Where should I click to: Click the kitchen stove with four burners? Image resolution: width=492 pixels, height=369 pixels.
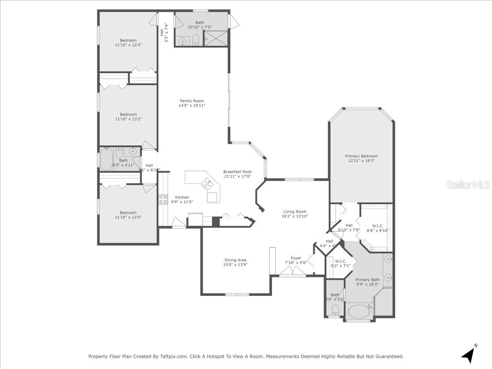tap(163, 199)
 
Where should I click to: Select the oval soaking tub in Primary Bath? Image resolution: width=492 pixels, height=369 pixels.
tap(359, 311)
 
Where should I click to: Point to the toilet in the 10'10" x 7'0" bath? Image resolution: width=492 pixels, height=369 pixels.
tap(196, 40)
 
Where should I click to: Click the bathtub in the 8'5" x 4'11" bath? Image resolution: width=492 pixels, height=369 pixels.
tap(107, 159)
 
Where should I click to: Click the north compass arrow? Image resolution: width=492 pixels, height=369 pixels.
tap(468, 354)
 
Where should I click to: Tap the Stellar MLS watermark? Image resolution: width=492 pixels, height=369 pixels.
tap(467, 184)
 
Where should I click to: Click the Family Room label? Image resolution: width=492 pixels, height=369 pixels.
tap(192, 101)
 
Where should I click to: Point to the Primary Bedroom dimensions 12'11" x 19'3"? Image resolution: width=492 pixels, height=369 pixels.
tap(361, 161)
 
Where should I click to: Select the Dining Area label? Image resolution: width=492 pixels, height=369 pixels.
tap(235, 260)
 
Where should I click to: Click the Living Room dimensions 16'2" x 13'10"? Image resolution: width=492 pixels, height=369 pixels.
tap(295, 216)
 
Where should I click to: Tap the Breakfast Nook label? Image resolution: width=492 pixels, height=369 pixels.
tap(237, 172)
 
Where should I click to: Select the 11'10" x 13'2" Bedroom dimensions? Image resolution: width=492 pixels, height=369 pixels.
tap(128, 119)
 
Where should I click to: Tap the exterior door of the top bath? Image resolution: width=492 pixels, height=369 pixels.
tap(234, 21)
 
